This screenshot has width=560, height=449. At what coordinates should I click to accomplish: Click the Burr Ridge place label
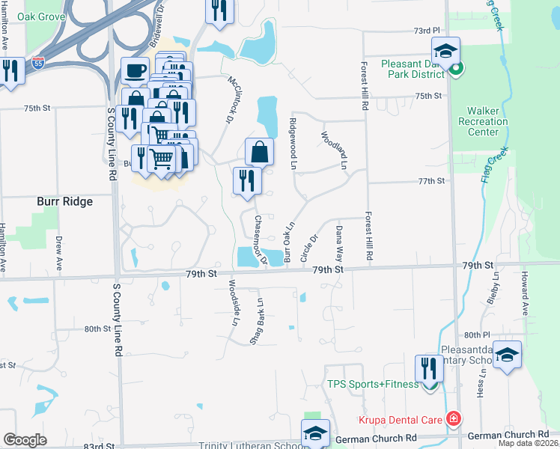tap(65, 201)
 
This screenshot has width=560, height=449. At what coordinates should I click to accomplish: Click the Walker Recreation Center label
tap(482, 121)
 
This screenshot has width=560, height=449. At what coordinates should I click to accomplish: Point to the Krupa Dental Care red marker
tap(452, 418)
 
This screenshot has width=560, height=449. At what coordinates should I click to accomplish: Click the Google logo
tap(25, 440)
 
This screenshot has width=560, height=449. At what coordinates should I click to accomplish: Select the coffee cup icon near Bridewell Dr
tap(135, 72)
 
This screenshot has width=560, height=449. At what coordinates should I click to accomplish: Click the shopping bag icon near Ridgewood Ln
tap(258, 152)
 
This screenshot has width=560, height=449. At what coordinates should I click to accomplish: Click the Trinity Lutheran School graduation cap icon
tap(315, 434)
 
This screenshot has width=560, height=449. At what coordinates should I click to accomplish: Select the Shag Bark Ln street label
tap(256, 322)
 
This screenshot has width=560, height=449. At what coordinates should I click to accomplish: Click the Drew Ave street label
tap(58, 254)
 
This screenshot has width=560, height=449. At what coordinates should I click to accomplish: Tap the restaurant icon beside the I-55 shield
tap(10, 72)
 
